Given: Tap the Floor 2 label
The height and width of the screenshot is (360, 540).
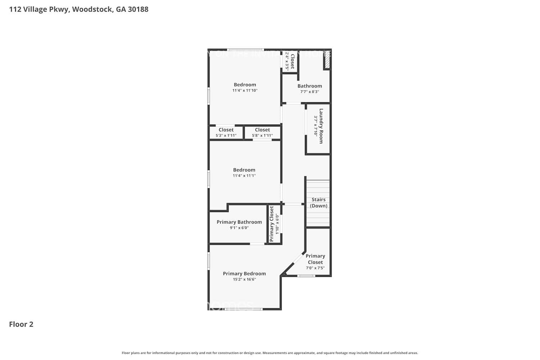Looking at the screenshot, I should pyautogui.click(x=21, y=324).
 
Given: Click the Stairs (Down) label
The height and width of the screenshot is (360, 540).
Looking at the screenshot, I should pyautogui.click(x=319, y=203).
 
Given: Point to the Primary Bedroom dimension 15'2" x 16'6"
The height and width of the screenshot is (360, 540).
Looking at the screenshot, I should pyautogui.click(x=244, y=279).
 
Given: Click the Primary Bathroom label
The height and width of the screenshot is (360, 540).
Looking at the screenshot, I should pyautogui.click(x=239, y=222).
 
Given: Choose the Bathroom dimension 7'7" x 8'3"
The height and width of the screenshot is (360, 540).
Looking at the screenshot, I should pyautogui.click(x=310, y=92).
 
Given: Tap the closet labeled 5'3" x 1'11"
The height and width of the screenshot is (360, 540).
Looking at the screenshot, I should pyautogui.click(x=226, y=132).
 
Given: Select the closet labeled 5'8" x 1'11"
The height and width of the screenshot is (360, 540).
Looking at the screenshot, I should pyautogui.click(x=262, y=132).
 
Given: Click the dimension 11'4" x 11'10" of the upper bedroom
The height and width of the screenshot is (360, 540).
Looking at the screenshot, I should pyautogui.click(x=245, y=91).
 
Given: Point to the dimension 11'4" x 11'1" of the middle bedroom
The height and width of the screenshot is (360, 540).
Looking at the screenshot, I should pyautogui.click(x=244, y=176).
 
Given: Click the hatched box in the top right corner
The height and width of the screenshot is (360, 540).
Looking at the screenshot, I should pyautogui.click(x=327, y=62).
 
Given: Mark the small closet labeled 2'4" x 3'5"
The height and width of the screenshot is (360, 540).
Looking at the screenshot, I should pyautogui.click(x=289, y=61).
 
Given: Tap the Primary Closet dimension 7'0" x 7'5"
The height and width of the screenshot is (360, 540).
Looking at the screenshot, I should pyautogui.click(x=315, y=268).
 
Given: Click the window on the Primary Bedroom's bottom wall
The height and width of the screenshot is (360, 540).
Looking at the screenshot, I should pyautogui.click(x=243, y=309).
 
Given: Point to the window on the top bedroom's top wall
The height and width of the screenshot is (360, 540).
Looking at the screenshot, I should pyautogui.click(x=246, y=50).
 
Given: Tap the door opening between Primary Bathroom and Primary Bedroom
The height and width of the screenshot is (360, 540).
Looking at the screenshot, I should pyautogui.click(x=257, y=244).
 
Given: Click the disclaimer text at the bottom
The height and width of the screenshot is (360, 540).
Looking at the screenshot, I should pyautogui.click(x=270, y=353).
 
